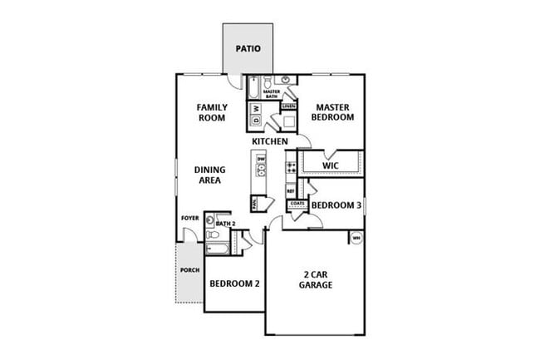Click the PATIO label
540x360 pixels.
click(x=248, y=48)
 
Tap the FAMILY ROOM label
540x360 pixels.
click(x=212, y=112)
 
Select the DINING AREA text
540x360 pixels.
click(x=212, y=175)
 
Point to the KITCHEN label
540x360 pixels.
click(x=270, y=142)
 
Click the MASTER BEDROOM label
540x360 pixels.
click(x=332, y=112)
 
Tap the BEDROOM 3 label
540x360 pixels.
click(x=336, y=205)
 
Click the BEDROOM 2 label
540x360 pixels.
click(x=234, y=284)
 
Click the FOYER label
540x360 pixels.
click(x=190, y=219)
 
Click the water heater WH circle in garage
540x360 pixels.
click(x=356, y=239)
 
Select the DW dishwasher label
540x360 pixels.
click(x=261, y=159)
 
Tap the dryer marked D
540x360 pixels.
click(x=257, y=122)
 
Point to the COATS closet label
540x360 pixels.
click(x=298, y=204)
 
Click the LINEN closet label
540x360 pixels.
click(x=288, y=106)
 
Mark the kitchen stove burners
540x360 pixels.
click(x=291, y=169)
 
